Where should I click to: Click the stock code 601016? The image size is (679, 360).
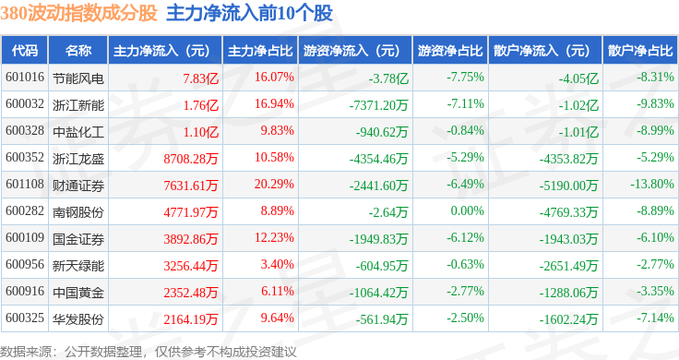click(25, 78)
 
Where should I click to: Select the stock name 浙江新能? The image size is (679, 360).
click(78, 105)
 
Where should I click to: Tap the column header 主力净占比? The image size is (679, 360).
click(260, 51)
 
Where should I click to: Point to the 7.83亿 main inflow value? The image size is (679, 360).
click(200, 78)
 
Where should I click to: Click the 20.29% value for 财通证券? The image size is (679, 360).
click(274, 184)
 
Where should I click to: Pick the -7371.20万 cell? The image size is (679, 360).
click(378, 105)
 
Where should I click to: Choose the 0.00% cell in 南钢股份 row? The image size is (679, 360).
click(467, 211)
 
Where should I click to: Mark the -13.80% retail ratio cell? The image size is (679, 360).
click(651, 184)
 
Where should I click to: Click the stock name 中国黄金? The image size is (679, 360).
click(78, 293)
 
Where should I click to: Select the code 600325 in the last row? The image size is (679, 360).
click(25, 318)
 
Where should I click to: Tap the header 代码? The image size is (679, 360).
click(25, 51)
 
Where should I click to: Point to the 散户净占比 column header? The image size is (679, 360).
click(640, 51)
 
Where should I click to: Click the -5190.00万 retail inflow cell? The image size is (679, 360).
click(568, 186)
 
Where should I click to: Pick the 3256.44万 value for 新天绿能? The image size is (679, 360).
click(191, 266)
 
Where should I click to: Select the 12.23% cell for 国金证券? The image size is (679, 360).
click(274, 238)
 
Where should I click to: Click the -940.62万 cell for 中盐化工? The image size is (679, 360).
click(382, 132)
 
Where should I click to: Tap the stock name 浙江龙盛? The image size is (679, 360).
click(78, 159)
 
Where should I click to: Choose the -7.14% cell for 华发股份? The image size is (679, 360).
click(655, 318)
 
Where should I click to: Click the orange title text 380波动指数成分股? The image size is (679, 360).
click(78, 13)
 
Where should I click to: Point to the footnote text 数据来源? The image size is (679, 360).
click(25, 352)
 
